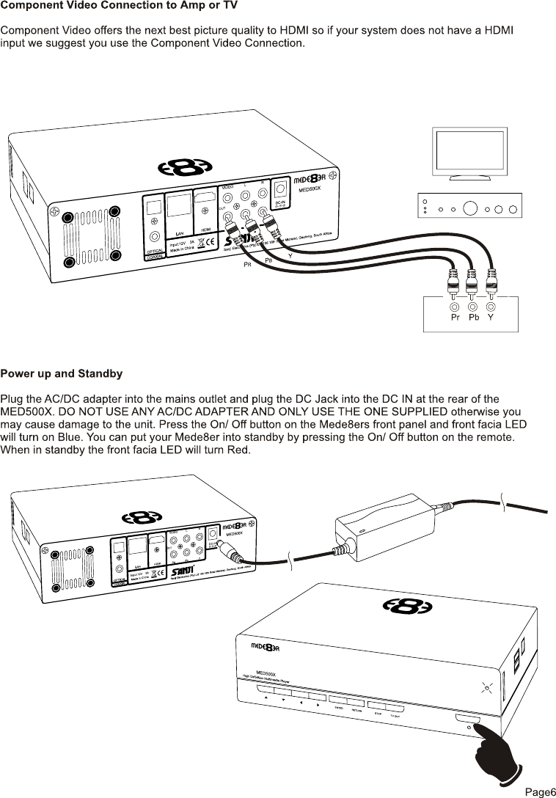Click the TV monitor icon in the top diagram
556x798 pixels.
[465, 153]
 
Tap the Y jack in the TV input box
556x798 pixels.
[491, 307]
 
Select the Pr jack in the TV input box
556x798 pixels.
[456, 307]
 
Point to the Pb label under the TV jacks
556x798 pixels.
[474, 319]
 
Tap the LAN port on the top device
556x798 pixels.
[178, 207]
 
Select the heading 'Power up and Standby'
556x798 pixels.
[61, 374]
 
